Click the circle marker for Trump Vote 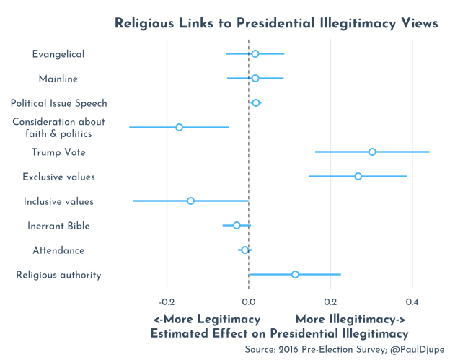[372, 152]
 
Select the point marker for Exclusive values [358, 176]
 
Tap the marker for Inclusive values [190, 201]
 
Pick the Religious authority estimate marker [295, 274]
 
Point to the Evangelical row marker [255, 53]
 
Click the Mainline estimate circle [255, 78]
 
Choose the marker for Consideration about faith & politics [179, 127]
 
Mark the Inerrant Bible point [237, 225]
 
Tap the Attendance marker [245, 250]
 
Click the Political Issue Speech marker [256, 102]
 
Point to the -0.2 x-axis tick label [167, 300]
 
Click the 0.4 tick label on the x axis [412, 300]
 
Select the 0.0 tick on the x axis [249, 300]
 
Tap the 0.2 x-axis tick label [330, 300]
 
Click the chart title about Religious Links [277, 24]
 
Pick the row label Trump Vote [58, 152]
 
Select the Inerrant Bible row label [58, 226]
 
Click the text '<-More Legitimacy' [207, 319]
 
